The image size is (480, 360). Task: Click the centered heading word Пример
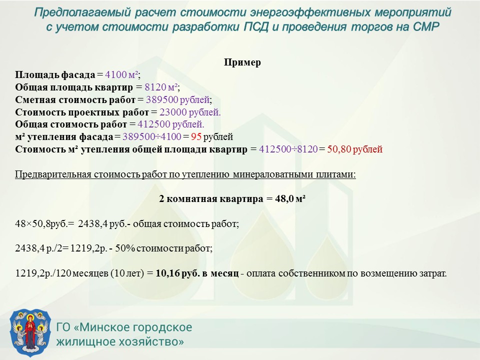coord(242,62)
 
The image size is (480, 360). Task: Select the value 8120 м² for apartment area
coord(161,87)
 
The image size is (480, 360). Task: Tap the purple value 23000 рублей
coord(190,112)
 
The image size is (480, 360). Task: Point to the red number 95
coord(196,136)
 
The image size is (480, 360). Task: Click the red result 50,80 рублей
coord(355,149)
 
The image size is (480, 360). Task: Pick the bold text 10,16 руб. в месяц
coord(197,273)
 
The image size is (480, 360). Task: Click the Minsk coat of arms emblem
coord(30,333)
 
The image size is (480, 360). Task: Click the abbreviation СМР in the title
coord(426,27)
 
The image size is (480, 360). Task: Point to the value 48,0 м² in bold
coord(290,199)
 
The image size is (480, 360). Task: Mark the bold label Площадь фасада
coord(55,74)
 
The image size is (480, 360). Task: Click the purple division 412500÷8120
coord(288,149)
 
